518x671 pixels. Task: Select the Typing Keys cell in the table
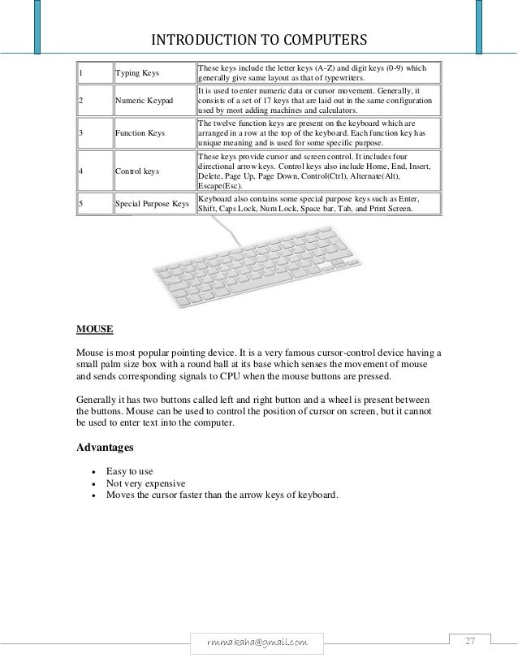pos(137,73)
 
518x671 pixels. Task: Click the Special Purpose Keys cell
pos(153,203)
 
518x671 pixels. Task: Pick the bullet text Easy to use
pos(130,471)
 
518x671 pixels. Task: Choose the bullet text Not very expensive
pos(146,483)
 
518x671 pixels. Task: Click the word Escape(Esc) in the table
pos(222,185)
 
